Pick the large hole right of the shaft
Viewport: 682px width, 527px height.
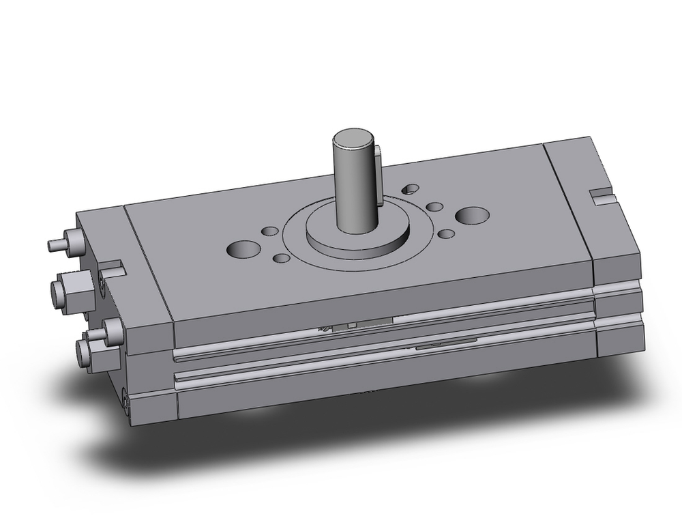pyautogui.click(x=472, y=216)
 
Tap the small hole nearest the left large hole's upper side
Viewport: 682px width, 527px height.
pyautogui.click(x=270, y=231)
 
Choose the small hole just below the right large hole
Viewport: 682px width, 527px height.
pyautogui.click(x=446, y=234)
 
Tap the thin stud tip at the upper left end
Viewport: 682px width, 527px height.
pyautogui.click(x=54, y=244)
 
